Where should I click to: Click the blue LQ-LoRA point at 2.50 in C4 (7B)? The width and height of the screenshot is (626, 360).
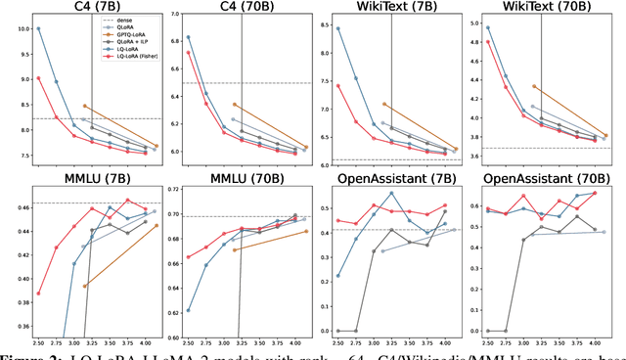coord(38,28)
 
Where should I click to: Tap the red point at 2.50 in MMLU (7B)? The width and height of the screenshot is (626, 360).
coord(38,292)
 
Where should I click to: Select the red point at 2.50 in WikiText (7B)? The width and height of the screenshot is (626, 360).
coord(337,85)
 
